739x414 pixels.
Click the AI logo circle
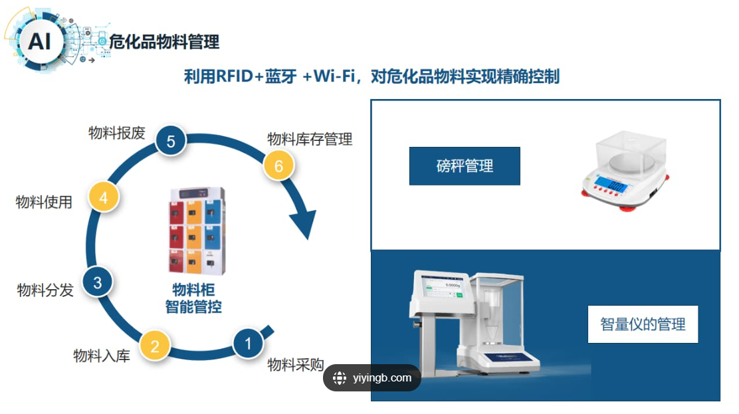coord(39,42)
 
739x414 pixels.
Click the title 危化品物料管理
coord(163,43)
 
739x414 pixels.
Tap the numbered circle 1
coord(249,344)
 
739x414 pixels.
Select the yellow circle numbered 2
coord(155,346)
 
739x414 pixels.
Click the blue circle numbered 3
coord(97,282)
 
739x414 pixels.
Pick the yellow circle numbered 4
coord(104,197)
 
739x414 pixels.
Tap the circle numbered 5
coord(171,141)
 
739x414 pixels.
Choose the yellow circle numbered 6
coord(279,166)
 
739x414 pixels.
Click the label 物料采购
coord(296,364)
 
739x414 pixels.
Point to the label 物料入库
coord(102,356)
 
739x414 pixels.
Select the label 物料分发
coord(45,290)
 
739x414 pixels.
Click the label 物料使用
coord(44,201)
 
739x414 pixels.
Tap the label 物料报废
coord(116,133)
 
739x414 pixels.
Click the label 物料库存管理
coord(310,139)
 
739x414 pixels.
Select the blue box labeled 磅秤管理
coord(465,166)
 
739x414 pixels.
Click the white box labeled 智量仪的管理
coord(643,324)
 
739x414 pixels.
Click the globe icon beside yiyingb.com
coord(340,378)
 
